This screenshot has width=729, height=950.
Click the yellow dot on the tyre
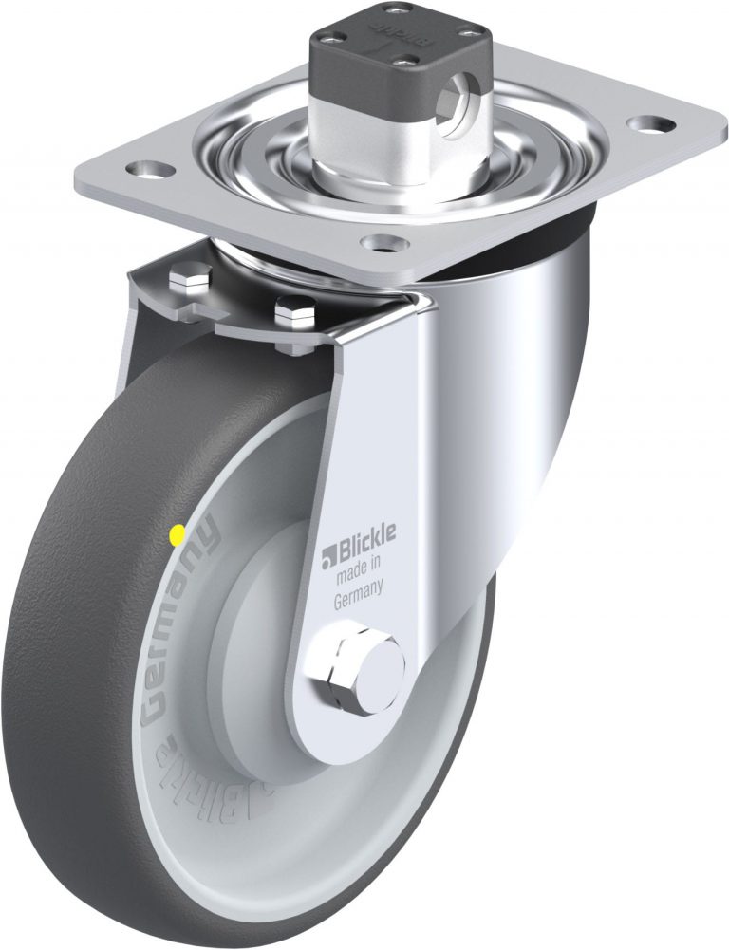(x=175, y=537)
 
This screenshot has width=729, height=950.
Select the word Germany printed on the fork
(x=358, y=596)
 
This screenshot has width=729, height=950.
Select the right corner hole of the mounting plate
(x=655, y=123)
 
